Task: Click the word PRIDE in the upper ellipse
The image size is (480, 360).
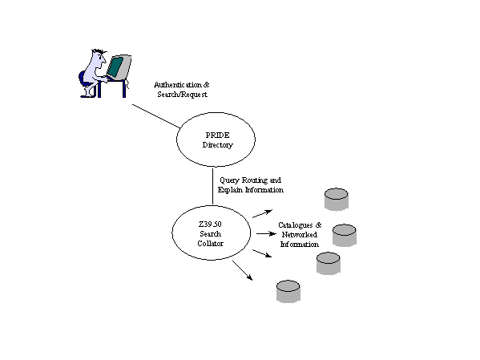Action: pyautogui.click(x=217, y=136)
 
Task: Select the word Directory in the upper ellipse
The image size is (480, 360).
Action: pyautogui.click(x=217, y=145)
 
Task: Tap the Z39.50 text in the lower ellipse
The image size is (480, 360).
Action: pyautogui.click(x=210, y=224)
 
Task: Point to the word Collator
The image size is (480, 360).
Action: pyautogui.click(x=210, y=244)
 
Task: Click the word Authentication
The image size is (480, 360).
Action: pyautogui.click(x=178, y=84)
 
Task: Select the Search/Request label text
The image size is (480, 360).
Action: pyautogui.click(x=182, y=95)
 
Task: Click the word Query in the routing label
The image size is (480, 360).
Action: pyautogui.click(x=229, y=180)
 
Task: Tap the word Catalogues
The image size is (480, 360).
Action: pyautogui.click(x=296, y=225)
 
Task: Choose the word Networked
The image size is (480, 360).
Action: pyautogui.click(x=300, y=235)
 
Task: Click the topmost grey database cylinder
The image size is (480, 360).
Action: pyautogui.click(x=336, y=200)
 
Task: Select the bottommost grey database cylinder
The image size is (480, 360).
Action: pyautogui.click(x=288, y=291)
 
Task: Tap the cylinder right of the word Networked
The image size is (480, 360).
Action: pyautogui.click(x=345, y=235)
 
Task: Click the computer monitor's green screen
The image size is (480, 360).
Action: pyautogui.click(x=115, y=67)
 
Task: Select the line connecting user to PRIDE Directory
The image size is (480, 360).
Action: pyautogui.click(x=156, y=116)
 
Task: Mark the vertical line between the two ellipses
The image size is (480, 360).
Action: pyautogui.click(x=213, y=186)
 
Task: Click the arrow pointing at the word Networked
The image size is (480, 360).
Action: pyautogui.click(x=266, y=234)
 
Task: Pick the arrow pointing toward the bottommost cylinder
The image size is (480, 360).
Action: pyautogui.click(x=243, y=270)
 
